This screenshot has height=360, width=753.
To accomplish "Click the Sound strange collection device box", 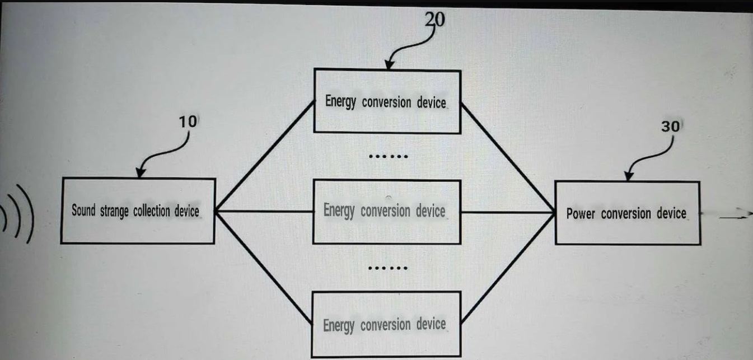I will [x=138, y=211].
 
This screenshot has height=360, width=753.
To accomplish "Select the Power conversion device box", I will [x=627, y=213].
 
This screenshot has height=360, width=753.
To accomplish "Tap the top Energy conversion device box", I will [x=387, y=101].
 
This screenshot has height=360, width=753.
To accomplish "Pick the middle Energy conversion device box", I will [x=387, y=212].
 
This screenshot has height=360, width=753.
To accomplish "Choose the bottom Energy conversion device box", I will [x=387, y=324].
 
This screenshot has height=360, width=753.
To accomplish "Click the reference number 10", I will [x=187, y=122].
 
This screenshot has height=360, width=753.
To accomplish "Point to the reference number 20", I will [x=435, y=20].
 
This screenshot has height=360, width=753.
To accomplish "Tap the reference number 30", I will [x=670, y=127].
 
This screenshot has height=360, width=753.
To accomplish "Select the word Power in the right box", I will [x=581, y=214].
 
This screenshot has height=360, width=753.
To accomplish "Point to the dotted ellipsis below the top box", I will [x=388, y=156].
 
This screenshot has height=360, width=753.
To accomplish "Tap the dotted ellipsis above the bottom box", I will [x=388, y=268].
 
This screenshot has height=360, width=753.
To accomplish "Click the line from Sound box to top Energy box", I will [x=263, y=156].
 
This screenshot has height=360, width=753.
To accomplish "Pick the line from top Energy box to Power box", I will [x=507, y=156].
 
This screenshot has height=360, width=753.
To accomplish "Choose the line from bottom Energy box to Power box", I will [x=507, y=269].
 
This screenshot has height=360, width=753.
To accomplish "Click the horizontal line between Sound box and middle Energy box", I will [x=263, y=212].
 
